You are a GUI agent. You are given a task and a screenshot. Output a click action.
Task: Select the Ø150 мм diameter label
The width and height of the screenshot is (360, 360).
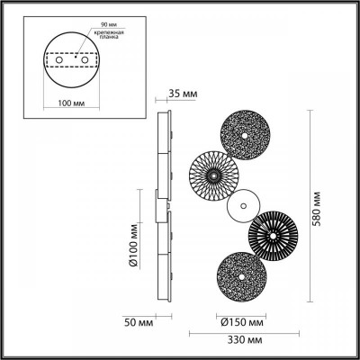coord(242,321)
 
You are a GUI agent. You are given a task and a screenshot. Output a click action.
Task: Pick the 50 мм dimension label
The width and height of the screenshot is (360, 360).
coord(137,321)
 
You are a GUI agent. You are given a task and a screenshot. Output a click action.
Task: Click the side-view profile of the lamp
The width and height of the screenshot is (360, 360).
coord(164,207)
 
